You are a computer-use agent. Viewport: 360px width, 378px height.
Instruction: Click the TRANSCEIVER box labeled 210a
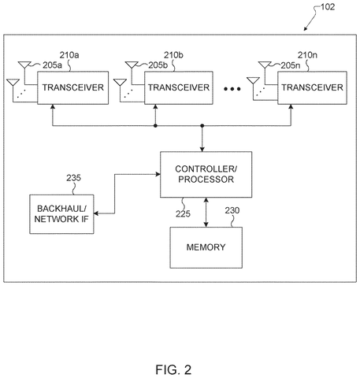pos(72,87)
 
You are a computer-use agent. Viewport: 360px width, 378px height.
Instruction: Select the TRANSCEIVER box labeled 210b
pos(179,87)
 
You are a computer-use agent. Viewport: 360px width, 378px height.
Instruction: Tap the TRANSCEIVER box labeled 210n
pos(312,87)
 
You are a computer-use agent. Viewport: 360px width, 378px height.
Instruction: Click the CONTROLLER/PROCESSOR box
pos(206,174)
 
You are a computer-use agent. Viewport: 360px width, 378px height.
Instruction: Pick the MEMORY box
pos(206,247)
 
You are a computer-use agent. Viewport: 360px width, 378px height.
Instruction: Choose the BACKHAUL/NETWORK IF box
pos(61,214)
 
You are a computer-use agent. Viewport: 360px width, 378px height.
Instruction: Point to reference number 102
pos(328,7)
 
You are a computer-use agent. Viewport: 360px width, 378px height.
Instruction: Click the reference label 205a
pos(52,65)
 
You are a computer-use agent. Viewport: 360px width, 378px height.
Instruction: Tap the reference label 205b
pos(158,65)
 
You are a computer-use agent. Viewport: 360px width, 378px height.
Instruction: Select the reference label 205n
pos(291,65)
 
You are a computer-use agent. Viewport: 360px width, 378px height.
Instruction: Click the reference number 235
pos(73,178)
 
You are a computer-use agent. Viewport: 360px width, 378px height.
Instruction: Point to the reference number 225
pos(183,213)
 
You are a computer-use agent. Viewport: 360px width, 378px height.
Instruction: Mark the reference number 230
pos(232,210)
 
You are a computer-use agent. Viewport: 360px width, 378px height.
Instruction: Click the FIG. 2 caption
pos(173,369)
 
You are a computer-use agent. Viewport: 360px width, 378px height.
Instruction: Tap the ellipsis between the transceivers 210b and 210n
pos(232,89)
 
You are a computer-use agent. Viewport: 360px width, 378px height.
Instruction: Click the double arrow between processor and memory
pos(206,213)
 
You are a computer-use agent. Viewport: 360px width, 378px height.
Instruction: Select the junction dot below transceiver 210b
pos(155,126)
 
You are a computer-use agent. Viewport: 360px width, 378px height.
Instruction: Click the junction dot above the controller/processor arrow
pos(202,126)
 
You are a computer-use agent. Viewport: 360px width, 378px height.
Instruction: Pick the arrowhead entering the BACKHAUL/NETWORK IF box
pos(96,213)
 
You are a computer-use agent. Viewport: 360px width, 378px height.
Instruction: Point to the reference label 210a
pos(69,55)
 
